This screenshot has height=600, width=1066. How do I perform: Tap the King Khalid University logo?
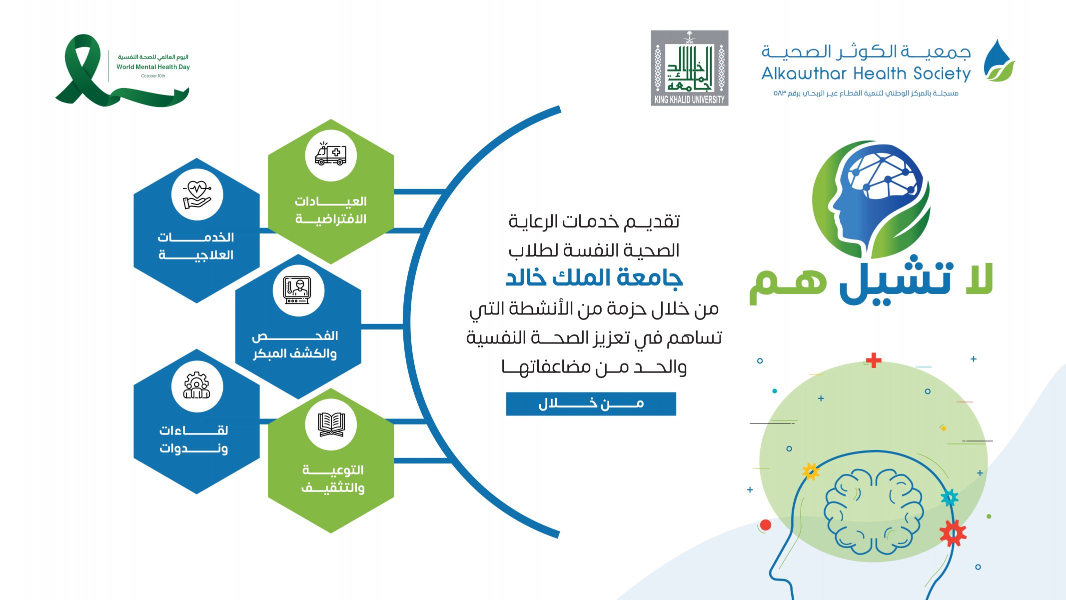point(690,68)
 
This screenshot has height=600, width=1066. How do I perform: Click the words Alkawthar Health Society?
point(866,73)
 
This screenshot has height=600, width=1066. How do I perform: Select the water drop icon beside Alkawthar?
point(999,60)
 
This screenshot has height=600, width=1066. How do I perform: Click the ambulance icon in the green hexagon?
point(331,154)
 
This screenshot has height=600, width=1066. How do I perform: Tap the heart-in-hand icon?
point(197,195)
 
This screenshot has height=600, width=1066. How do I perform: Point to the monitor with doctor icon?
point(297,290)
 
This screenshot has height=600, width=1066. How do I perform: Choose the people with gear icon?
point(197,385)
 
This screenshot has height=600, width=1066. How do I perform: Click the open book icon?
point(331,424)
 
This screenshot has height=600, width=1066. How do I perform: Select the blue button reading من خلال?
point(591,404)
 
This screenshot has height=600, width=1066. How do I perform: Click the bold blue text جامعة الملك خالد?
point(594,278)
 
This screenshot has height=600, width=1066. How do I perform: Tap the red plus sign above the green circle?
point(874,360)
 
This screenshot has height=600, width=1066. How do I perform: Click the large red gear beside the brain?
point(953,533)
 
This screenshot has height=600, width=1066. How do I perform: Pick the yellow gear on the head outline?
point(811,471)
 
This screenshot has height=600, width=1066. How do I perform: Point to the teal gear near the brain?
point(950,497)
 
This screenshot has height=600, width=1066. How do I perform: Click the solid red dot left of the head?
point(765,525)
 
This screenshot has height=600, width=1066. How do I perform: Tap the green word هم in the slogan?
point(788,286)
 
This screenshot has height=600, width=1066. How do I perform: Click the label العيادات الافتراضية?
point(331,210)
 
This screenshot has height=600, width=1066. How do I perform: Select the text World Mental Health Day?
point(153,67)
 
